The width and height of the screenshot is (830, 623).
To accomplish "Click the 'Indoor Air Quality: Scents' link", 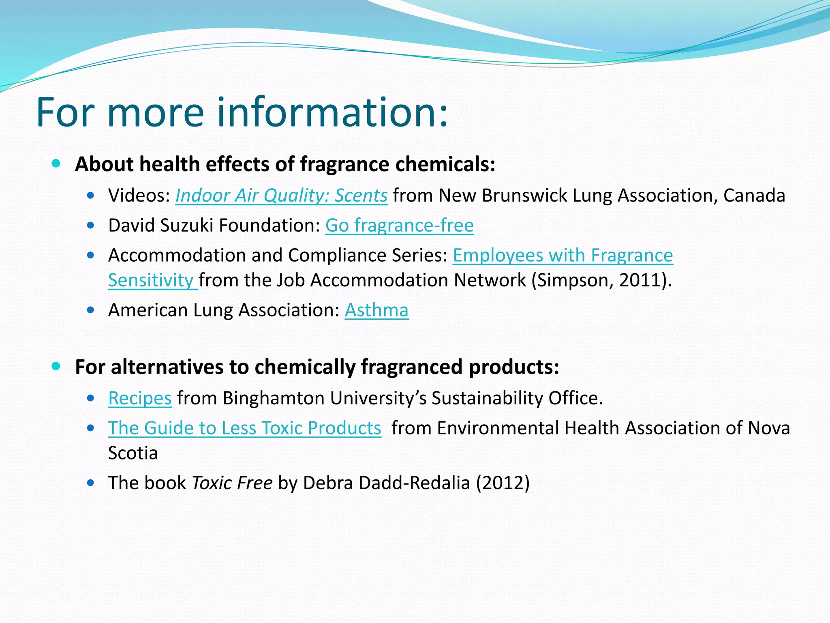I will [x=281, y=196].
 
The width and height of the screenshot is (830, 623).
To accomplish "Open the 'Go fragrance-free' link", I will [x=399, y=226].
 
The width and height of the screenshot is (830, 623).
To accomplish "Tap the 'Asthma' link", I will [x=376, y=310].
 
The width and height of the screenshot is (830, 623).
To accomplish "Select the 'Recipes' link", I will [x=140, y=398].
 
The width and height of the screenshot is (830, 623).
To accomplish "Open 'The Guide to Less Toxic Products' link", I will [x=244, y=428].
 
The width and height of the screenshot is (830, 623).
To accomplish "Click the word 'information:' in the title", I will [x=332, y=112].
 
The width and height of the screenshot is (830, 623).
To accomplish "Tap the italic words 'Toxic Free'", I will [x=232, y=483].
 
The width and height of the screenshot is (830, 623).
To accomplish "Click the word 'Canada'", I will [x=754, y=196].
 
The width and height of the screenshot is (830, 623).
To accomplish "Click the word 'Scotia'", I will [x=133, y=453].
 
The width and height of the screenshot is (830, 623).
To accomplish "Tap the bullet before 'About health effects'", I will [x=56, y=164].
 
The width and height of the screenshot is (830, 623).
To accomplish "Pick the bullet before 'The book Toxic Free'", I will [x=91, y=483].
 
